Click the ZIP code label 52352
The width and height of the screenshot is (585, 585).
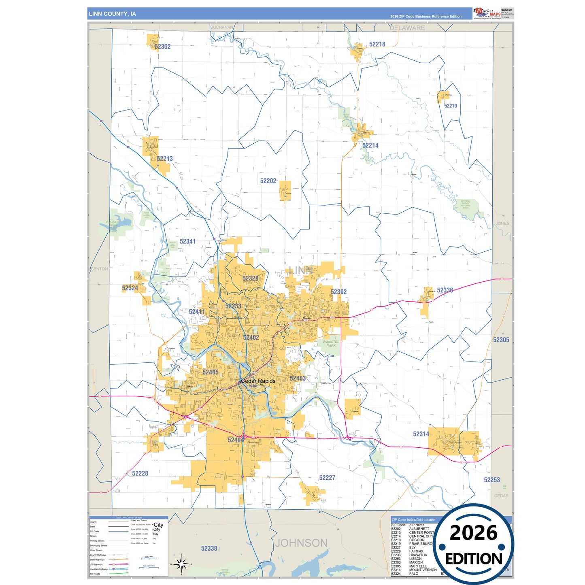pyautogui.click(x=162, y=47)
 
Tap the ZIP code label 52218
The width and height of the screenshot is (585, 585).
pyautogui.click(x=377, y=44)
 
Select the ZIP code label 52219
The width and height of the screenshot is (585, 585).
pyautogui.click(x=450, y=106)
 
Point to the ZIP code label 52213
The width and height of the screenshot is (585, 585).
pyautogui.click(x=165, y=159)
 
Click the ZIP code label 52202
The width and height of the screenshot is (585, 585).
pyautogui.click(x=268, y=181)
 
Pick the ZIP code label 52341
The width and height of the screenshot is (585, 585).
pyautogui.click(x=187, y=241)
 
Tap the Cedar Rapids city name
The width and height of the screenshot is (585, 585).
pyautogui.click(x=258, y=381)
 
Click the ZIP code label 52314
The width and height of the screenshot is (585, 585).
pyautogui.click(x=421, y=434)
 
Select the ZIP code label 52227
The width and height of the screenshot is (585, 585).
pyautogui.click(x=327, y=478)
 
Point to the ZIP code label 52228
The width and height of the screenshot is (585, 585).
pyautogui.click(x=140, y=473)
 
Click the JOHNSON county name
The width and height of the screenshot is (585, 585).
pyautogui.click(x=301, y=543)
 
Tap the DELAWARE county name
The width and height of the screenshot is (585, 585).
pyautogui.click(x=407, y=28)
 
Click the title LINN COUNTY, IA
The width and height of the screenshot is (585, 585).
pyautogui.click(x=113, y=14)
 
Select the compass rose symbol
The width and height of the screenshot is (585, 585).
pyautogui.click(x=181, y=564)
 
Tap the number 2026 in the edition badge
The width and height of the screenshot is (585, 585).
pyautogui.click(x=473, y=533)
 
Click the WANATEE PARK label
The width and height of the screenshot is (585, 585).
pyautogui.click(x=331, y=344)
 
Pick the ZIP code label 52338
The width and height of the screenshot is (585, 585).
pyautogui.click(x=209, y=549)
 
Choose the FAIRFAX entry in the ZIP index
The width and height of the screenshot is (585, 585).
pyautogui.click(x=416, y=551)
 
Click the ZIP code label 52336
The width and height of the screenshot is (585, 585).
pyautogui.click(x=445, y=290)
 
